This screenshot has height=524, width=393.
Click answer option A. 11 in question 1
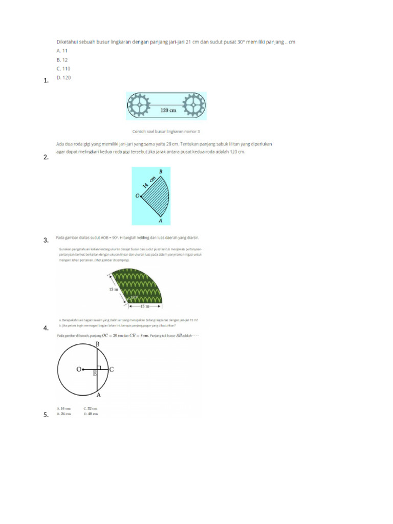[62, 51]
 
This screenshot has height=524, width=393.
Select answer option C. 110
[63, 69]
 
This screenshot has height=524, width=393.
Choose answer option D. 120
[63, 77]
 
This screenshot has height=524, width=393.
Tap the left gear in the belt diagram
[138, 106]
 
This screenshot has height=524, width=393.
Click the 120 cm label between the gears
[168, 110]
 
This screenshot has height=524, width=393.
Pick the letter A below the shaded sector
[161, 221]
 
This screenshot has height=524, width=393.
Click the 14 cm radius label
[148, 183]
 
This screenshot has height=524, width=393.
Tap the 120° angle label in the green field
[134, 297]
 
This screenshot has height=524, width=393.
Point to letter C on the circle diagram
[112, 369]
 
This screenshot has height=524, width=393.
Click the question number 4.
[46, 328]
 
